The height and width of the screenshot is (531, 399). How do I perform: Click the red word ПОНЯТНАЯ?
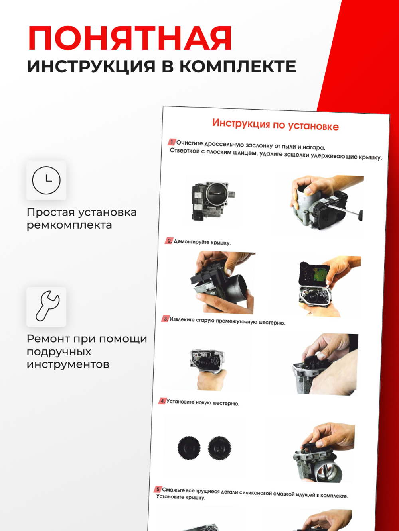(130, 39)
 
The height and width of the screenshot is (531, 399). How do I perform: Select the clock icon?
(46, 180)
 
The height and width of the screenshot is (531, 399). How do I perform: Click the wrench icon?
(46, 306)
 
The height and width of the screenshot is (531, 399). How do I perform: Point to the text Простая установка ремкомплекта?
(81, 218)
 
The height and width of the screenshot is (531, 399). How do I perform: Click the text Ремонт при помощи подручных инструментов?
(87, 351)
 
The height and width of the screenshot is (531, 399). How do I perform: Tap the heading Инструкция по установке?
(275, 125)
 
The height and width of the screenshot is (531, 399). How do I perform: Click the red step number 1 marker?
(172, 142)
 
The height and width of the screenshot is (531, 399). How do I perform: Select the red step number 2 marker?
(169, 241)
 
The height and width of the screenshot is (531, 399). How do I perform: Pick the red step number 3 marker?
(166, 319)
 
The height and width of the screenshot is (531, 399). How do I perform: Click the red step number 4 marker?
(162, 401)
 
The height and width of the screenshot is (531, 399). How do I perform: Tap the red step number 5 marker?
(158, 489)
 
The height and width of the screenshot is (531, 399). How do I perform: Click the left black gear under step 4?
(189, 447)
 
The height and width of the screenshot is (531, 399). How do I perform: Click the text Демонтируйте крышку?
(202, 242)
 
